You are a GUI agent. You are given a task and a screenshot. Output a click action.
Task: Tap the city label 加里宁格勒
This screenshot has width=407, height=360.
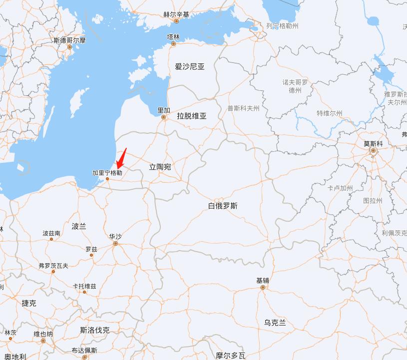(x=107, y=173)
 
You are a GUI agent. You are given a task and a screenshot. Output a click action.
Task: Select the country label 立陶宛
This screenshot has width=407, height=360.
(x=160, y=167)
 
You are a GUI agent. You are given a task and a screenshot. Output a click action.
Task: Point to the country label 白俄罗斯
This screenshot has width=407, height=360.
(x=223, y=206)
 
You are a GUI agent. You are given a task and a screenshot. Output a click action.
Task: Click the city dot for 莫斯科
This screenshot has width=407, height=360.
(x=373, y=150)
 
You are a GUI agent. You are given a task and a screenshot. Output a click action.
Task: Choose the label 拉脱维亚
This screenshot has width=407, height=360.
(x=191, y=116)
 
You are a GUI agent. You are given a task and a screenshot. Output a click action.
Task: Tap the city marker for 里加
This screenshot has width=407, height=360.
(x=163, y=117)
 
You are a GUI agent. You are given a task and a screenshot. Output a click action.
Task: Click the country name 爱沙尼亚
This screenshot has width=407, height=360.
(x=190, y=66)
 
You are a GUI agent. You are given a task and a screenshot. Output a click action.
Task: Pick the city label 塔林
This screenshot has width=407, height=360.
(x=173, y=36)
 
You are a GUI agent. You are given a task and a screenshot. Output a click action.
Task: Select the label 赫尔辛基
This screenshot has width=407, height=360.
(x=176, y=14)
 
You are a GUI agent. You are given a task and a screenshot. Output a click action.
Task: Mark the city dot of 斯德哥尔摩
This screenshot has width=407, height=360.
(x=70, y=47)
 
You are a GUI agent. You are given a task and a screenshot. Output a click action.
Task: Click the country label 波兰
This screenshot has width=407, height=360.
(x=79, y=226)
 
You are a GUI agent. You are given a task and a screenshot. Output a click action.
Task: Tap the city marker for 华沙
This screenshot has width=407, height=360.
(x=115, y=244)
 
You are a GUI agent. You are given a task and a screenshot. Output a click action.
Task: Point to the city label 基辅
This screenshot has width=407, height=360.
(x=263, y=281)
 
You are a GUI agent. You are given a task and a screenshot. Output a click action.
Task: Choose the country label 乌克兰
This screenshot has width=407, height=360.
(x=275, y=323)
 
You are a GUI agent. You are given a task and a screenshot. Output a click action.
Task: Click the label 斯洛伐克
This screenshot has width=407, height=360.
(x=94, y=330)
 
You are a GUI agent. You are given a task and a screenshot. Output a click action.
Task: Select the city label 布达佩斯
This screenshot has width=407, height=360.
(x=84, y=350)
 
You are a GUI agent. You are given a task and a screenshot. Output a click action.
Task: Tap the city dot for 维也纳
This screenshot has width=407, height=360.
(x=43, y=341)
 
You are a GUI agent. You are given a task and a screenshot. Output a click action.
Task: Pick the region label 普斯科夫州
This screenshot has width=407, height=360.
(x=243, y=108)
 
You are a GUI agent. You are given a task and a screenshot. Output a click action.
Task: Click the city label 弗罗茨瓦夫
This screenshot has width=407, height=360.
(x=53, y=266)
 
